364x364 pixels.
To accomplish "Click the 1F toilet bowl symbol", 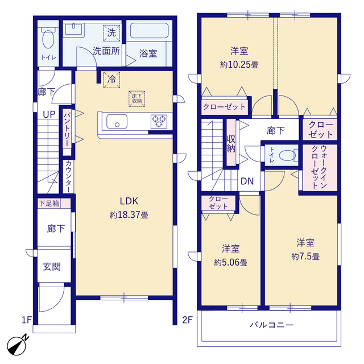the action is [48, 37].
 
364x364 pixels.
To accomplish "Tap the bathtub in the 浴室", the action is [149, 30].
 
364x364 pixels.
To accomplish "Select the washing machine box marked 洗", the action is [111, 33].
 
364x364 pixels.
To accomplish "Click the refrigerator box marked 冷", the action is [111, 80].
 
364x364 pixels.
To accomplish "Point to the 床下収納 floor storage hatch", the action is [136, 98].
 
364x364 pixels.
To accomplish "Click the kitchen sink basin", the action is [117, 121].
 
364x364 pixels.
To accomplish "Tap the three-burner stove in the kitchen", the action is [159, 121].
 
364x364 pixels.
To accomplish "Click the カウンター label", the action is [68, 176].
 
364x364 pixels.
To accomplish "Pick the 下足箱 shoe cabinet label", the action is [49, 204].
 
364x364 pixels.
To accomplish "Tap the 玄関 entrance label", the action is [52, 267].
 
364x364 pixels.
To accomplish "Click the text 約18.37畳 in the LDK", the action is [129, 215].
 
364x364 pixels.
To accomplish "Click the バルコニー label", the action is [272, 325].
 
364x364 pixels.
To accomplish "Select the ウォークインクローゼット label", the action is [320, 167].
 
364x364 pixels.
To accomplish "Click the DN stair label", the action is [247, 181].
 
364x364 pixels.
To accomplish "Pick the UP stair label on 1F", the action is [49, 114].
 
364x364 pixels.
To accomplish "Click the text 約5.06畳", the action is [230, 263].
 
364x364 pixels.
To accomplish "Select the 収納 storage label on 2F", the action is [231, 144].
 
